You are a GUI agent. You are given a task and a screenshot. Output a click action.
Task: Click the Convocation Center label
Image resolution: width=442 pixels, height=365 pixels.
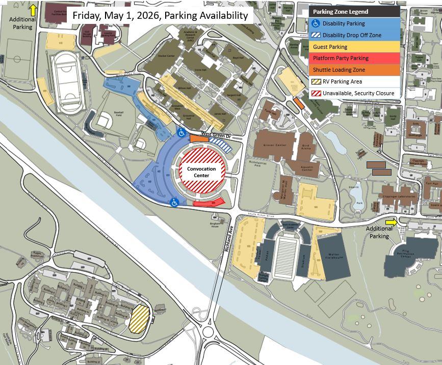[201, 172]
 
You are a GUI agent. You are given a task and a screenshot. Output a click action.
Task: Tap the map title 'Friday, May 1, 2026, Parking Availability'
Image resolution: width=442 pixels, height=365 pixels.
[160, 15]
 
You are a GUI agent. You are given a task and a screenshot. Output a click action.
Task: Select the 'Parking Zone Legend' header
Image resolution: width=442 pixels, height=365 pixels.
[340, 12]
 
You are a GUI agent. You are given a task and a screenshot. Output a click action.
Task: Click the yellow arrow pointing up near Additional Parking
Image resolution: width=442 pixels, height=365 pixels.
[34, 9]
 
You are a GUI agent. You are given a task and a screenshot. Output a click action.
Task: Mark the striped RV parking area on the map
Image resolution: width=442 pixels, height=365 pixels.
[139, 319]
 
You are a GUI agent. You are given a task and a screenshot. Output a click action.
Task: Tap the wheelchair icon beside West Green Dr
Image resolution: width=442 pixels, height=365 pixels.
[181, 133]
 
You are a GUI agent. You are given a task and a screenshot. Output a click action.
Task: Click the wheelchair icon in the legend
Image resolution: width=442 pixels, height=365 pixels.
[316, 23]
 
